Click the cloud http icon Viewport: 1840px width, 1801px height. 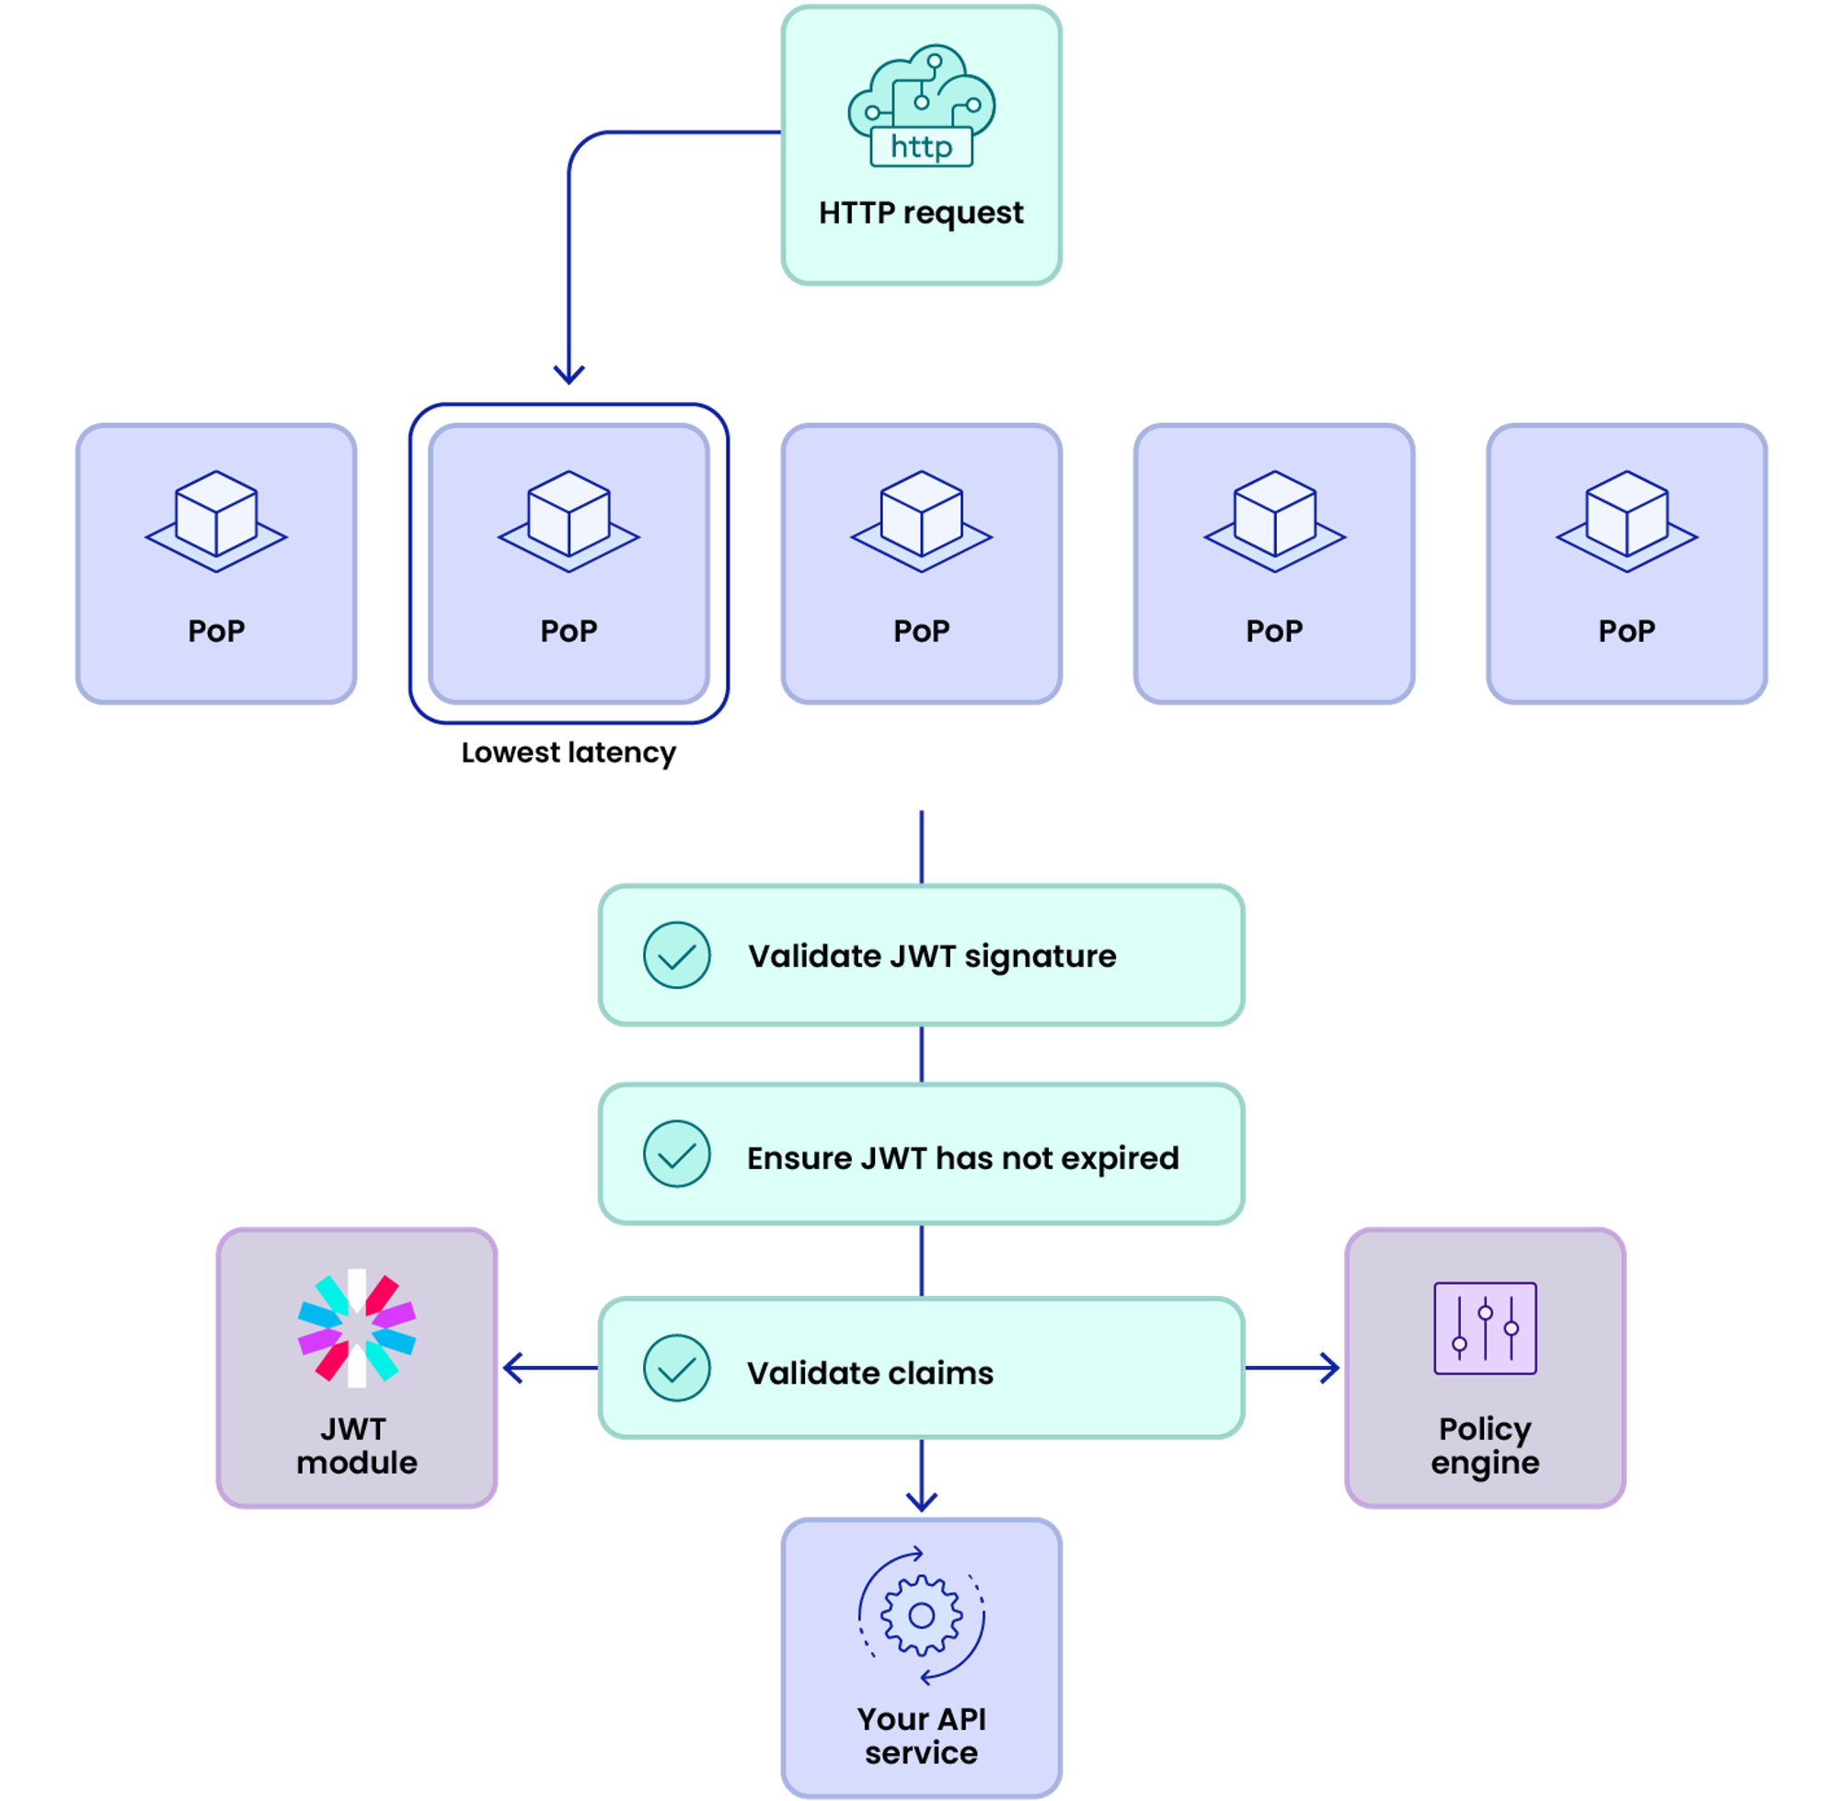click(x=921, y=105)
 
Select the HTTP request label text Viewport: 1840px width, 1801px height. click(x=921, y=212)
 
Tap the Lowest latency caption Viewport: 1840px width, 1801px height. click(x=569, y=753)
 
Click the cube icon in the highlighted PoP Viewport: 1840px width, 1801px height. click(x=569, y=521)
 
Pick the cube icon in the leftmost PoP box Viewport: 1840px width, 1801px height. click(x=215, y=521)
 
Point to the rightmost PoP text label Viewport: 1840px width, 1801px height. click(x=1627, y=631)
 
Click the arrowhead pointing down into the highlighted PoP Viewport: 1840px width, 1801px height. click(x=569, y=373)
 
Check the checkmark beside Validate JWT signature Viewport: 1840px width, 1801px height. click(x=676, y=956)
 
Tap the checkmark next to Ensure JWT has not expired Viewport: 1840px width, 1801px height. click(x=676, y=1154)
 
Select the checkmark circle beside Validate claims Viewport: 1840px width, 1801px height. click(x=676, y=1368)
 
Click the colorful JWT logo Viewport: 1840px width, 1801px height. click(x=357, y=1328)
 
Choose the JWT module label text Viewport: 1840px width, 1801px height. click(x=357, y=1445)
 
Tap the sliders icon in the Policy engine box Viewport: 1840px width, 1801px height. click(x=1484, y=1328)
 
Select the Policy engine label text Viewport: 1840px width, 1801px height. click(x=1484, y=1445)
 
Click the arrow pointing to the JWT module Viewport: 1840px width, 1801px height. click(x=515, y=1368)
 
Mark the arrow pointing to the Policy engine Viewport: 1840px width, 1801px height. click(x=1328, y=1368)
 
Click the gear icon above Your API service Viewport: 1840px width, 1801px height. click(x=921, y=1616)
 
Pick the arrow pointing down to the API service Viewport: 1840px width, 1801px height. click(x=921, y=1497)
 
